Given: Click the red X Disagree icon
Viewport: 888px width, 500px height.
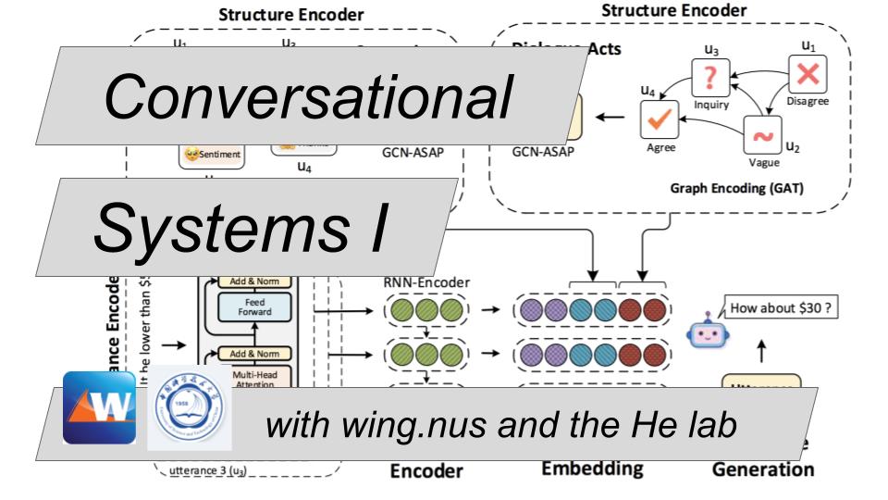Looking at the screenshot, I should pos(806,73).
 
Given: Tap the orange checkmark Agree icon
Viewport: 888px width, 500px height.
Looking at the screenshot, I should pos(661,119).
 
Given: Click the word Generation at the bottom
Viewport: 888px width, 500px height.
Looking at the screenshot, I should pos(763,469).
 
